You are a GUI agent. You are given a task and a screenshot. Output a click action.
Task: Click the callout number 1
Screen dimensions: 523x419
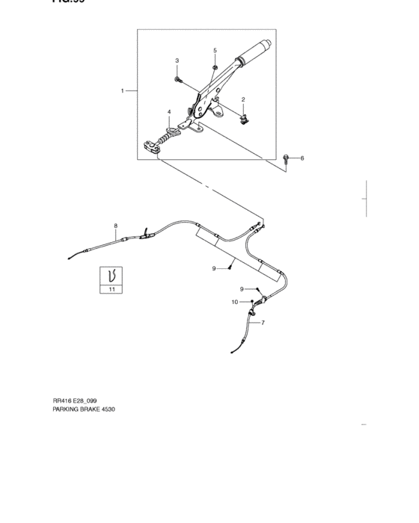[x=122, y=91]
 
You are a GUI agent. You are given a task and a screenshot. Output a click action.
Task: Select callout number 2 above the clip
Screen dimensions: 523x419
[x=243, y=99]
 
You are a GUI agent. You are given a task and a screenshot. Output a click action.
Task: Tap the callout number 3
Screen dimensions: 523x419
[x=177, y=61]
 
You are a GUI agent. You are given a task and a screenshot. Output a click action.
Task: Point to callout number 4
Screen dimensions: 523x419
[x=169, y=113]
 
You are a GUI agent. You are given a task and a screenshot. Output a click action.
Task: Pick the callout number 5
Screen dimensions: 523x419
[x=215, y=50]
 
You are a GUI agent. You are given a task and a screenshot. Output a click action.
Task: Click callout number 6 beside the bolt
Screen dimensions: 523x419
[x=302, y=158]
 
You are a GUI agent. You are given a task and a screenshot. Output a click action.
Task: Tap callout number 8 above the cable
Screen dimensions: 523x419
[x=116, y=225]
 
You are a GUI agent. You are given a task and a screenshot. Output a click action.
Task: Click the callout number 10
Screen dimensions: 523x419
[x=234, y=302]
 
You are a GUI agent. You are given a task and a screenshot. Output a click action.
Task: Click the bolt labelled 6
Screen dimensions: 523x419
[x=288, y=158]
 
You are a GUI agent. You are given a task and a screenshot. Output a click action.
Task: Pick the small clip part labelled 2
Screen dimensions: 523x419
[x=245, y=116]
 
